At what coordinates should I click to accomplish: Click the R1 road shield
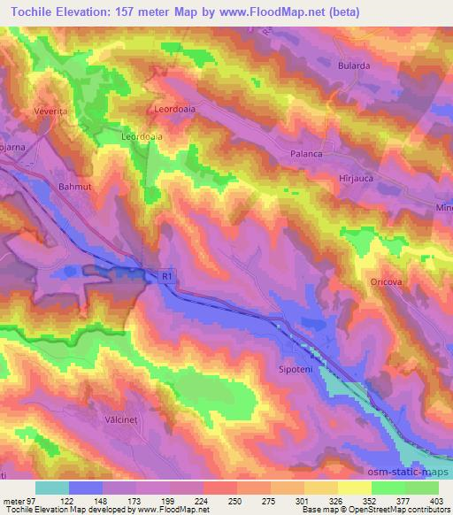point(165,277)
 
